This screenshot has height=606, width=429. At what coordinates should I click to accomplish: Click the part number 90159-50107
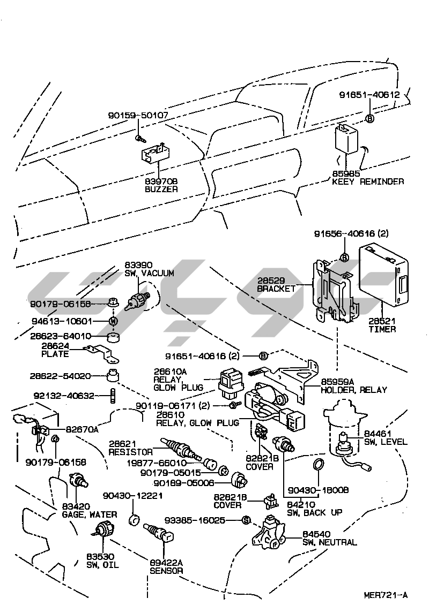pyautogui.click(x=138, y=115)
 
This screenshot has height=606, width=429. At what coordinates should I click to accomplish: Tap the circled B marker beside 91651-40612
pyautogui.click(x=369, y=118)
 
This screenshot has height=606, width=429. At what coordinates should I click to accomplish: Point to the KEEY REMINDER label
pyautogui.click(x=367, y=182)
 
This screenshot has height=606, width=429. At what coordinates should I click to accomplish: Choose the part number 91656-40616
pyautogui.click(x=352, y=233)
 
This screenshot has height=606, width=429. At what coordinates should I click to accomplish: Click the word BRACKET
pyautogui.click(x=276, y=289)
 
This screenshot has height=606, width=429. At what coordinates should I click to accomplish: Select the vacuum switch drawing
pyautogui.click(x=139, y=299)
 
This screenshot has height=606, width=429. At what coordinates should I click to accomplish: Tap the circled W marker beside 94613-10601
pyautogui.click(x=113, y=321)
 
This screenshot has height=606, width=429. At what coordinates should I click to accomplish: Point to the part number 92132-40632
pyautogui.click(x=64, y=396)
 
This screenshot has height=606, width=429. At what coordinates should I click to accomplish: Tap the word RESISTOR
pyautogui.click(x=131, y=452)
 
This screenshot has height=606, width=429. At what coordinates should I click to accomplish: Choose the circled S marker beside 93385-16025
pyautogui.click(x=246, y=520)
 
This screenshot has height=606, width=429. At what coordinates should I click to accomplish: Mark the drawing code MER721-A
pyautogui.click(x=385, y=595)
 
